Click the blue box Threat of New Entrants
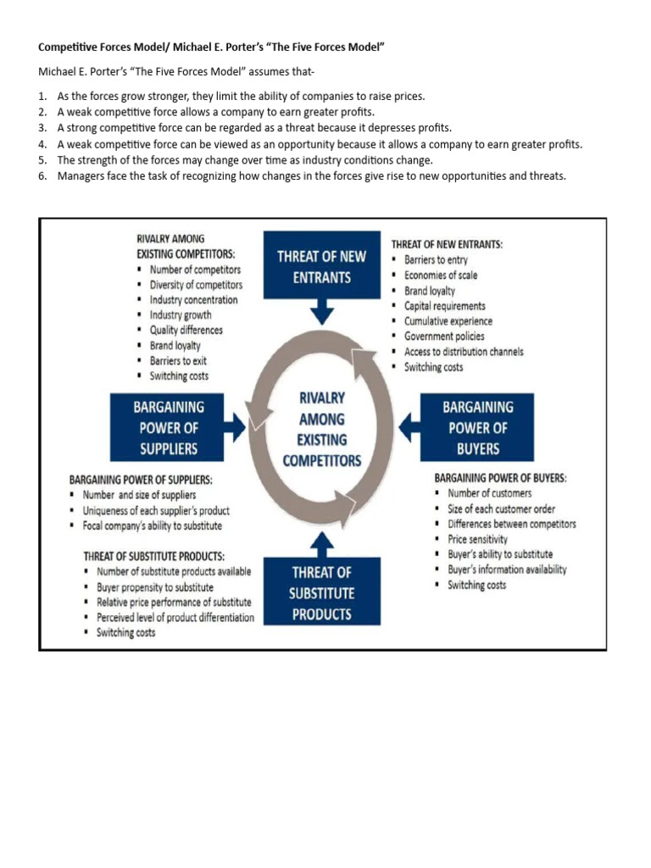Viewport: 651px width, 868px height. (321, 265)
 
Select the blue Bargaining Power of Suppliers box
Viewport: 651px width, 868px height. (168, 427)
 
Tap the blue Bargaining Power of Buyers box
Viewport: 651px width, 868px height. (477, 427)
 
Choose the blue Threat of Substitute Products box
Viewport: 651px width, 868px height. (321, 593)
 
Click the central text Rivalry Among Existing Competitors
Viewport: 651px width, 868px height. (321, 429)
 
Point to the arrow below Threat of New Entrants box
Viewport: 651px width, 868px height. (321, 312)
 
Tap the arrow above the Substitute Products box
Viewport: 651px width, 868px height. (321, 543)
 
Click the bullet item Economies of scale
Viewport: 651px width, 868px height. (440, 275)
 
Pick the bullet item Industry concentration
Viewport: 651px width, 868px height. (193, 300)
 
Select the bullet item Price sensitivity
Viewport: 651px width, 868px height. (477, 539)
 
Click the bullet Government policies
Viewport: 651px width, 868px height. (444, 337)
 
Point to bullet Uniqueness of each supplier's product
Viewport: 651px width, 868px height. (155, 510)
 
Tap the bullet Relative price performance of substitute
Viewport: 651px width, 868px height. (174, 602)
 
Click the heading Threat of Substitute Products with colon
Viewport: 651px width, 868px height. (153, 556)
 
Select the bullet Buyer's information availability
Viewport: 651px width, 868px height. (507, 570)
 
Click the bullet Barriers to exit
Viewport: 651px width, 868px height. (178, 361)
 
